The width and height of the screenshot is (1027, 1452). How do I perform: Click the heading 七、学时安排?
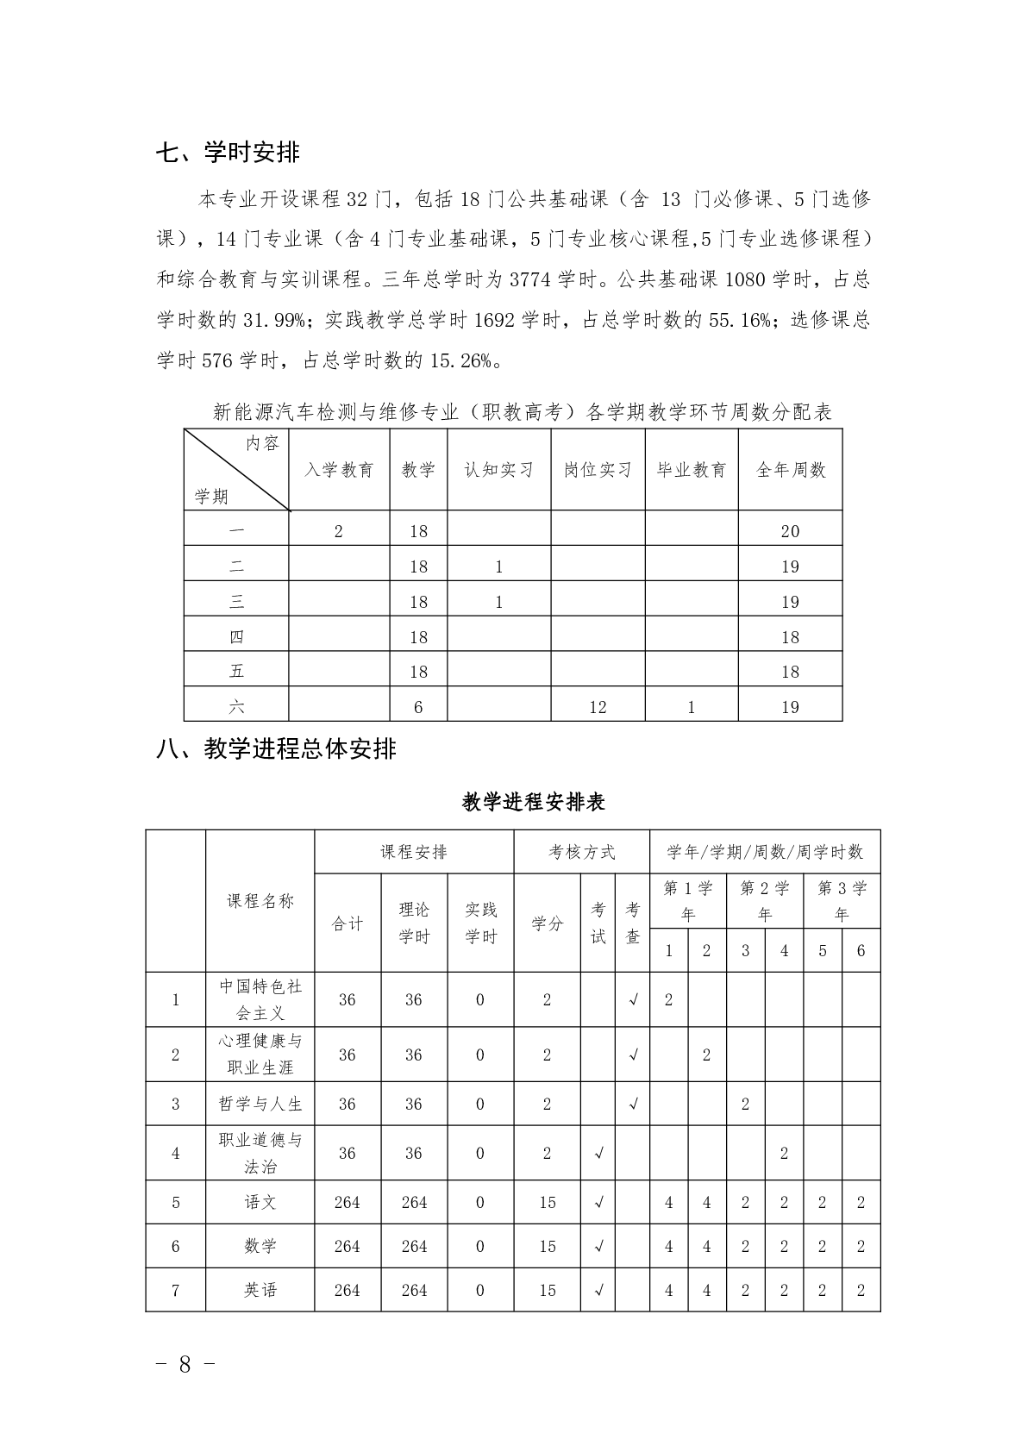[228, 153]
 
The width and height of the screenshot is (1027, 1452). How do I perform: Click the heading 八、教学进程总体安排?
[276, 748]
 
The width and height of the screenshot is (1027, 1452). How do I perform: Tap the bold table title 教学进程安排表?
[534, 802]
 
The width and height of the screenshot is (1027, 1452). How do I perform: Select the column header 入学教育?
[339, 470]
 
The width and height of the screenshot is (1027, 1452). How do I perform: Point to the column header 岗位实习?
[598, 470]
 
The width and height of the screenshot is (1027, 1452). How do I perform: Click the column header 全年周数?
[790, 470]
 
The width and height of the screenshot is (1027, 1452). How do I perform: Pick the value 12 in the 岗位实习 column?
[598, 707]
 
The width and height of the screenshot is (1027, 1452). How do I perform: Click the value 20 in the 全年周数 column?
[790, 531]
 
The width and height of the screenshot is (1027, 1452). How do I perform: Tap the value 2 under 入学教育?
[339, 531]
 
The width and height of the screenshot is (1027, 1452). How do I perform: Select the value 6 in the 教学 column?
[418, 707]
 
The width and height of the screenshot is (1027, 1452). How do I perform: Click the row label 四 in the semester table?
[236, 637]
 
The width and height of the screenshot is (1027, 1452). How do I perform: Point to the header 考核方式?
[582, 852]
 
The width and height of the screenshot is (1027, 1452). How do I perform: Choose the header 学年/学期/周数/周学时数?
[765, 852]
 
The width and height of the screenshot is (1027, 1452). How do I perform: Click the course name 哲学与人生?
[260, 1104]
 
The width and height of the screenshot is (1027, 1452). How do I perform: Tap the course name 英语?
[260, 1290]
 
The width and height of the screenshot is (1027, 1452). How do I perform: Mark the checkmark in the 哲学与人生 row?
[633, 1104]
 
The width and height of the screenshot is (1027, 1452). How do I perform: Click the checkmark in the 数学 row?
[598, 1246]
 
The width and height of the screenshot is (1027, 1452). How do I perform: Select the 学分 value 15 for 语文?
[548, 1202]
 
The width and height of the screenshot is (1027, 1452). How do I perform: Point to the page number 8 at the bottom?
[185, 1364]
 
